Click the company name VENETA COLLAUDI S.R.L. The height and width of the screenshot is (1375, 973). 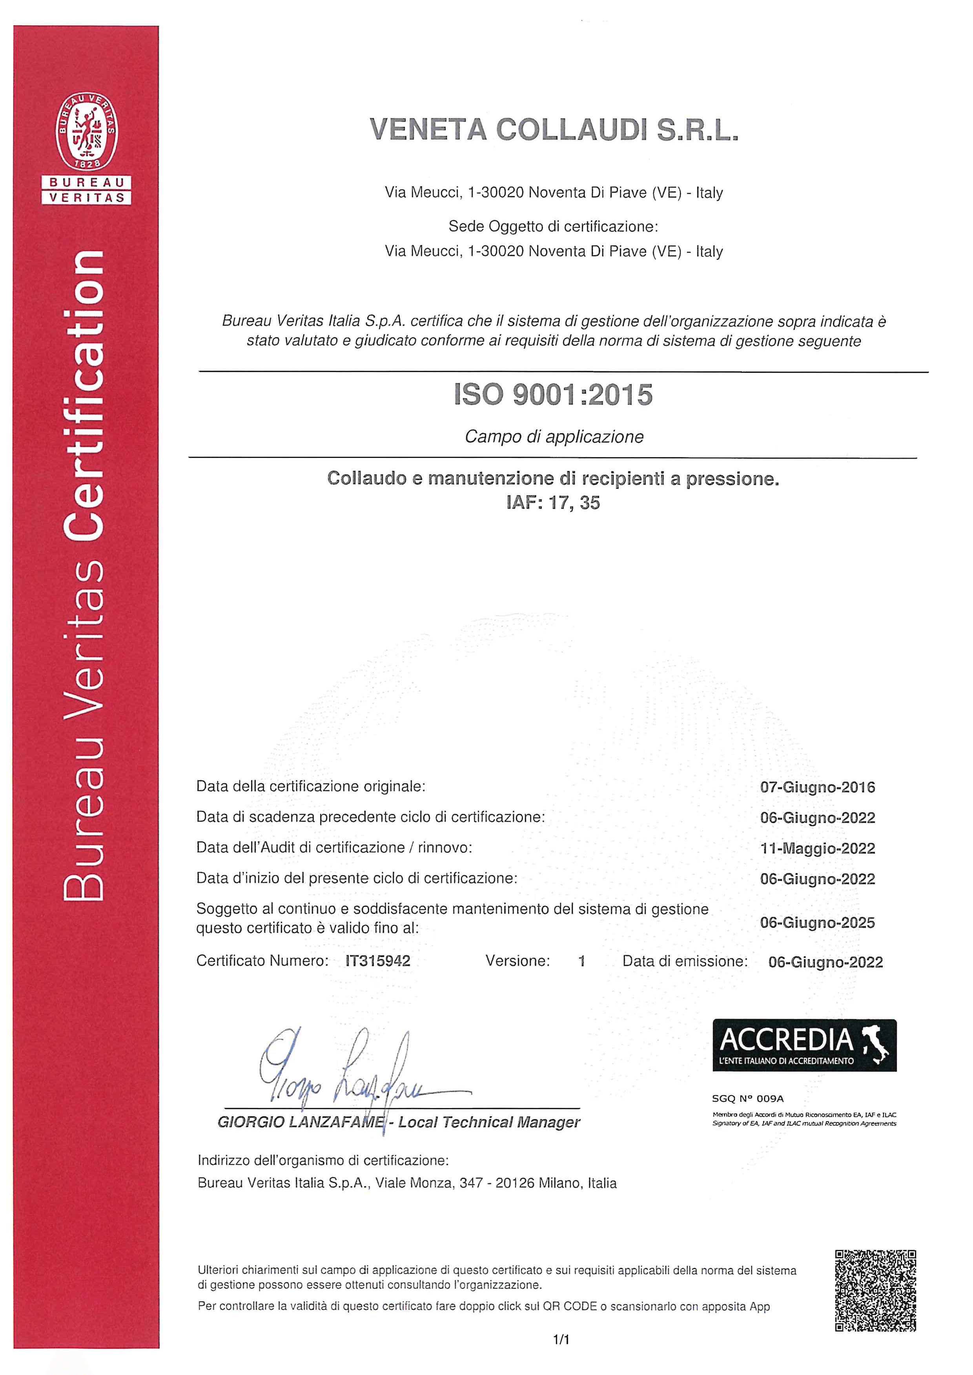554,129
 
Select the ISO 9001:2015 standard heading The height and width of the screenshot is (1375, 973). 553,395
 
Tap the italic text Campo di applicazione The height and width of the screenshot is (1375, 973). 554,437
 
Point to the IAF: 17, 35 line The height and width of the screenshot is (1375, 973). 553,503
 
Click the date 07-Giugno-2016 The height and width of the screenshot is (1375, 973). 817,787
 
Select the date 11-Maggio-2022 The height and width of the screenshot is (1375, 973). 817,848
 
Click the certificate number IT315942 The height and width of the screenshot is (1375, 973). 378,961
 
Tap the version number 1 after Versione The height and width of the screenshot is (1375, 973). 581,961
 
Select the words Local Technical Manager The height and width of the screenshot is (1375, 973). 489,1122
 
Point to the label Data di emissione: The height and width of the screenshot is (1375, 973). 685,961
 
